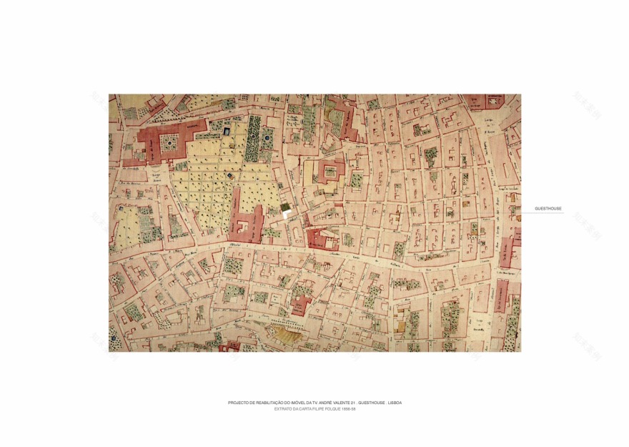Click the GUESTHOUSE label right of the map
click(x=548, y=209)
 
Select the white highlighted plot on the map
click(x=286, y=210)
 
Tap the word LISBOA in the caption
click(x=395, y=403)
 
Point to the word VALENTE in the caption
click(x=332, y=403)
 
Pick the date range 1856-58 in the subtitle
click(x=348, y=409)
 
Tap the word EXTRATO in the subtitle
click(x=284, y=409)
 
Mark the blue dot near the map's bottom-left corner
click(x=113, y=337)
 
